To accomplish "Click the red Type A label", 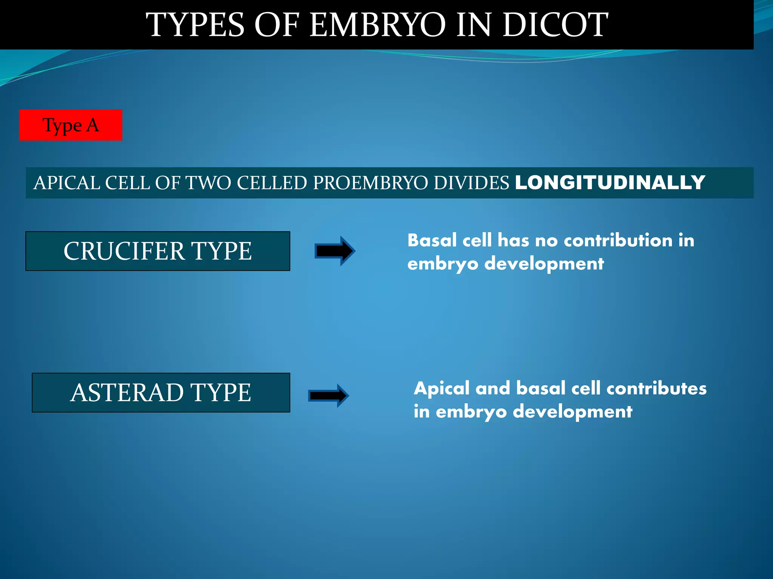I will pos(71,125).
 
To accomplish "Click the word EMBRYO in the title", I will pos(377,25).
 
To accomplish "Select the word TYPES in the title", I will pos(195,25).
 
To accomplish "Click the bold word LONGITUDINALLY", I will pos(610,183).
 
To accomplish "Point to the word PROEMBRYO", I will pos(373,183).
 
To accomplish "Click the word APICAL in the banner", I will pos(67,183).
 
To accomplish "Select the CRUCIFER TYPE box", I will pos(158,251).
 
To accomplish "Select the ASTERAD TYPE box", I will pos(161,392).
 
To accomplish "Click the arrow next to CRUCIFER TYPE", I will pos(335,251).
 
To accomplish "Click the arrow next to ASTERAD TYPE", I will pos(328,395).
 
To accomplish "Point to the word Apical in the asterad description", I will pos(442,388).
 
